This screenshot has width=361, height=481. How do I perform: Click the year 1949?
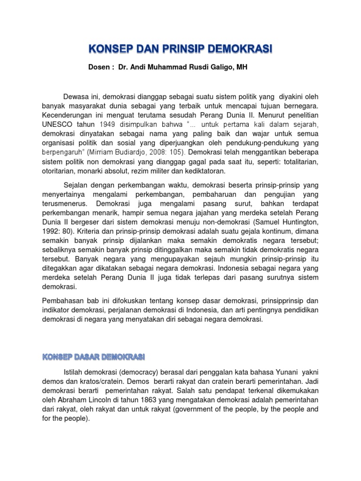107,124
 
